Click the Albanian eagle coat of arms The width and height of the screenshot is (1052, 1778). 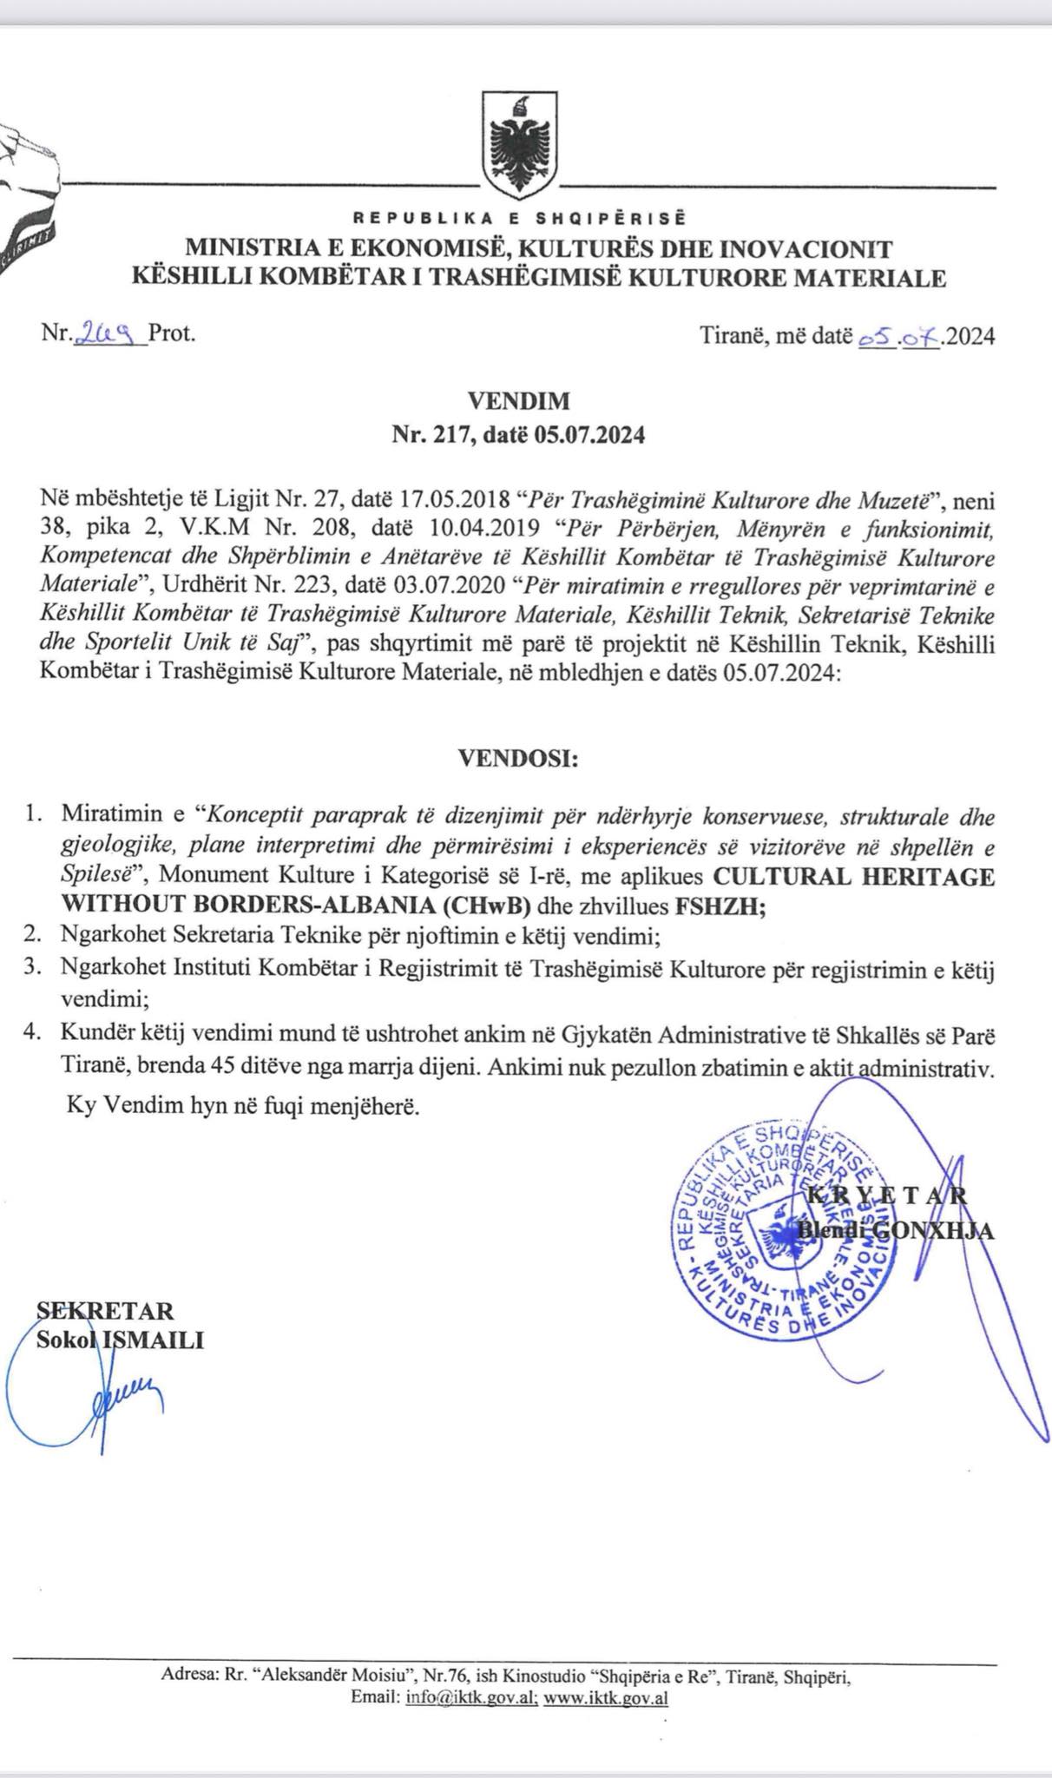click(521, 147)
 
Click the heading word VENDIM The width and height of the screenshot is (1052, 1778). click(519, 401)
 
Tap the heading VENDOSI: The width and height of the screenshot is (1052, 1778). click(518, 759)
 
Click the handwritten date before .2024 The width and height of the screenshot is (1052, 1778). click(899, 336)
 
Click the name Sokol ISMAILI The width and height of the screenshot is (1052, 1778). click(120, 1340)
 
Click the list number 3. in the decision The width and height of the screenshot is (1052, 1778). click(35, 968)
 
